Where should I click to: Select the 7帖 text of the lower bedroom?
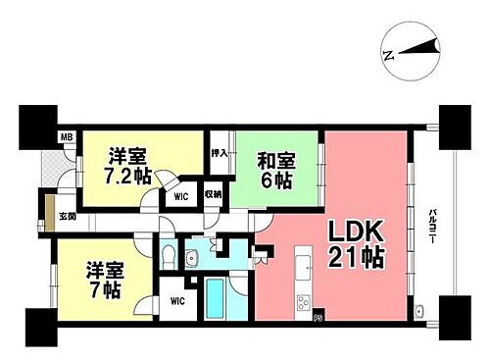102,290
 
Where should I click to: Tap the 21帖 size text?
357,261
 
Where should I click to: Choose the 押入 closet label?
220,153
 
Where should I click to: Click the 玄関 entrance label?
67,217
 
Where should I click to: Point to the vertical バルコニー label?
432,228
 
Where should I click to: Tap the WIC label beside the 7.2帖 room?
180,196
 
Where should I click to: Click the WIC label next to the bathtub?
178,301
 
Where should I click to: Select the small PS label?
318,317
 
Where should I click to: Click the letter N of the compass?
389,56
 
